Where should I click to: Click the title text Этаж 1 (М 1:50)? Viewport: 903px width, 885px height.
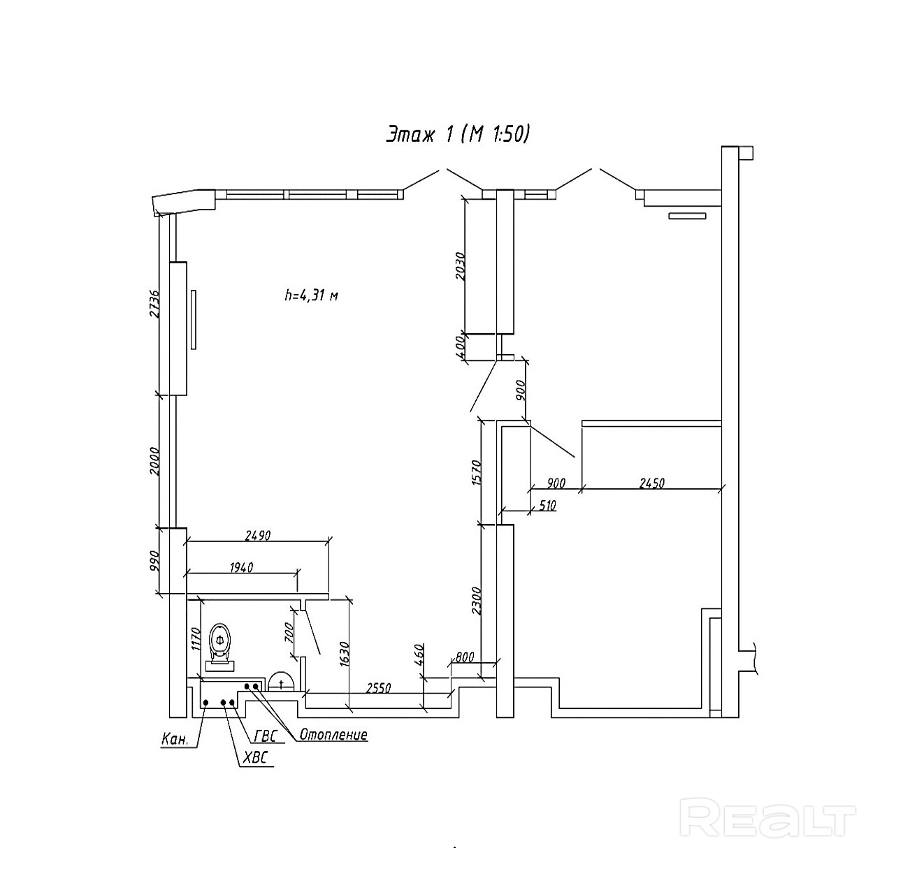point(458,135)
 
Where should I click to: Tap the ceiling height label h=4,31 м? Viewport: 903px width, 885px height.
point(312,295)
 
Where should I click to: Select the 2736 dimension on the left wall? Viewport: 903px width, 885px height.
point(154,304)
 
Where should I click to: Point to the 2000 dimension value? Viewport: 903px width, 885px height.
point(154,462)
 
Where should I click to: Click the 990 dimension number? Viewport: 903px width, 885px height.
point(155,561)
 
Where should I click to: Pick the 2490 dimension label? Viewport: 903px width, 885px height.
point(258,535)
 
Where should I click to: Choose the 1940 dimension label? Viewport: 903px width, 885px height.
point(241,568)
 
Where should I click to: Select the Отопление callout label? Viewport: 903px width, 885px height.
point(333,734)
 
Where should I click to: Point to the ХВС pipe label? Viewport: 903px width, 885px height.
point(256,759)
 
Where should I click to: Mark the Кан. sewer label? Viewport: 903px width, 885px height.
point(175,740)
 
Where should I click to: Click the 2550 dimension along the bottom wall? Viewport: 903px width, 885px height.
point(378,688)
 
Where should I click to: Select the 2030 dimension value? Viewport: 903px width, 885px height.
point(460,266)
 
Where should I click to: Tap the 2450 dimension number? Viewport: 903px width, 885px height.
point(652,483)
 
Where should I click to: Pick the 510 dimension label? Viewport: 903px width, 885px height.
point(547,505)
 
